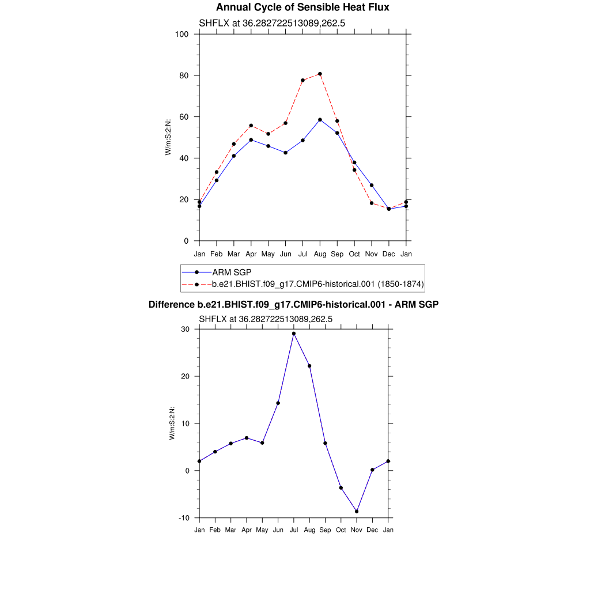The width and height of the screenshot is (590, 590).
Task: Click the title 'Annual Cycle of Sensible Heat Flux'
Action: point(302,7)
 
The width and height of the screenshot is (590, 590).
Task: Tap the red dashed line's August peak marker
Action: point(320,74)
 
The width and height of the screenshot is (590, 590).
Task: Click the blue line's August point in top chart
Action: point(320,120)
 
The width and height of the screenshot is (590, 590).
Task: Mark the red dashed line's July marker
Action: point(302,80)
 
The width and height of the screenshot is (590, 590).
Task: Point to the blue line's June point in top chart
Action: point(285,153)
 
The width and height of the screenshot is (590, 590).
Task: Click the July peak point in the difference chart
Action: point(294,334)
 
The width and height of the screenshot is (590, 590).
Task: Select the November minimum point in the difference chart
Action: point(357,511)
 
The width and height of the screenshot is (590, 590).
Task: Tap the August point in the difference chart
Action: point(309,366)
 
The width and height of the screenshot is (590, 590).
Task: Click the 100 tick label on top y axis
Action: point(182,34)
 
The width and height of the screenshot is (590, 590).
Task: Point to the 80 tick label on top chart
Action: point(184,75)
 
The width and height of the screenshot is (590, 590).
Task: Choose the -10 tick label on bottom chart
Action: point(184,518)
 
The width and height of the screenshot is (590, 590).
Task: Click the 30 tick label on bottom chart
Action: point(186,329)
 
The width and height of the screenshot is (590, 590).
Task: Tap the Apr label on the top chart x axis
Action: point(251,254)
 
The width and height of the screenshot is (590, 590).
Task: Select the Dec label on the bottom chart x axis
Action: point(372,530)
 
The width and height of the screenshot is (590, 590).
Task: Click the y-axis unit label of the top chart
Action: point(168,137)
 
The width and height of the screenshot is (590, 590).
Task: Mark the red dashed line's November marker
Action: point(372,203)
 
